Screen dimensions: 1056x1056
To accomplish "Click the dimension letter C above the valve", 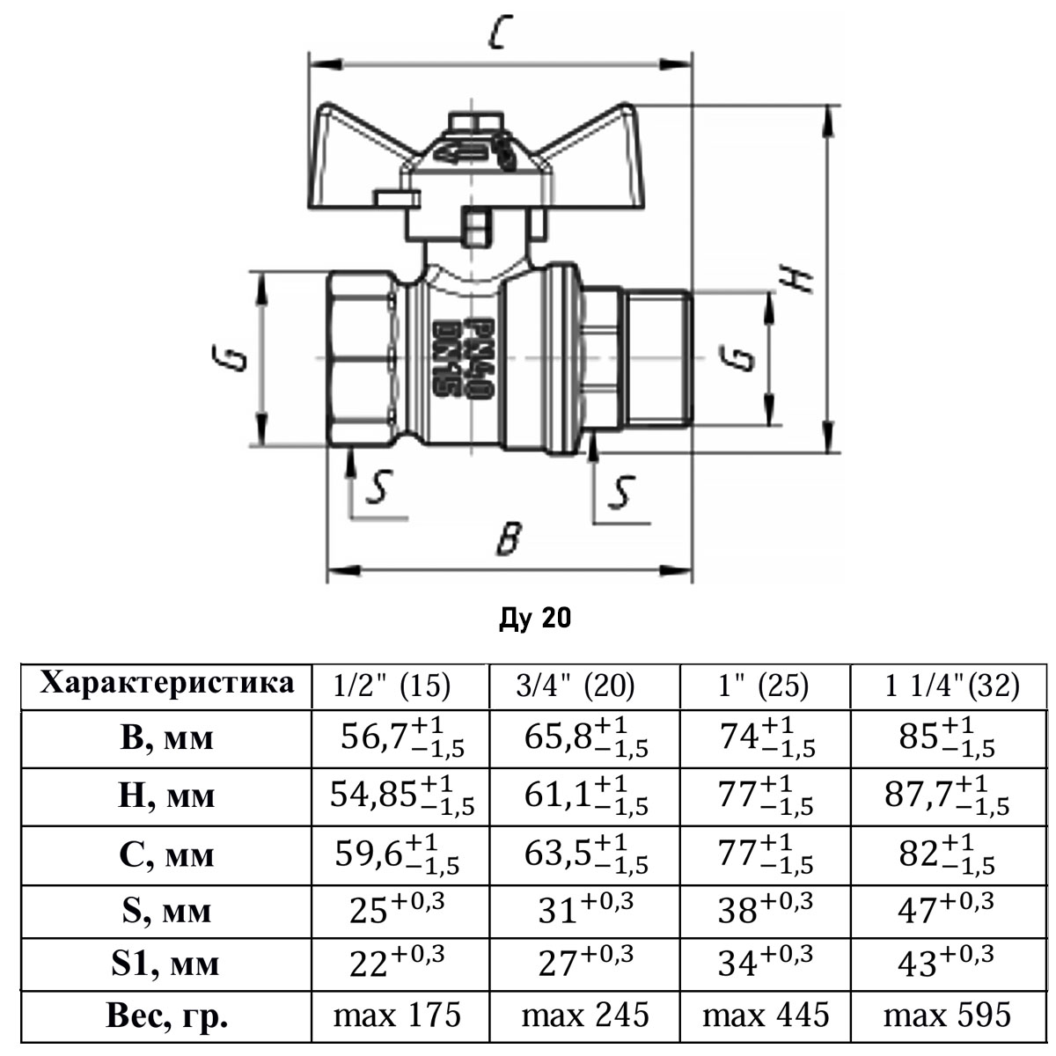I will coord(498,35).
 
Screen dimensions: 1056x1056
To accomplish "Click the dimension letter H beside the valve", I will coord(796,279).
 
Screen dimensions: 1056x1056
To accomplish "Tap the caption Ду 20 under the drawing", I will coord(534,619).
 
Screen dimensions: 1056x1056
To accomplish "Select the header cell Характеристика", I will coord(167,684).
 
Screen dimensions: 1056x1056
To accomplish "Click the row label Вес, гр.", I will coord(167,1016).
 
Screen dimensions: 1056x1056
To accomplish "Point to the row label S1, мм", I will coord(167,964).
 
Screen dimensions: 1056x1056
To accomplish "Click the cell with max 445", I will coord(765,1016).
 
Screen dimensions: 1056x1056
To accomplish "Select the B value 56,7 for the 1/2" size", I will coord(401,737).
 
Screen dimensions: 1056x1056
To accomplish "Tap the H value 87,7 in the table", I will coord(946,795).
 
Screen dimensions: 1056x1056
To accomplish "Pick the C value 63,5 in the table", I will coord(585,854).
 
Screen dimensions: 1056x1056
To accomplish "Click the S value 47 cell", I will coord(946,910).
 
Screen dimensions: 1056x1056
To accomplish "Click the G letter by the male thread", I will coord(744,358).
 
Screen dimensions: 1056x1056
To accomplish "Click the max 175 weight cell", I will coord(397,1016).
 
